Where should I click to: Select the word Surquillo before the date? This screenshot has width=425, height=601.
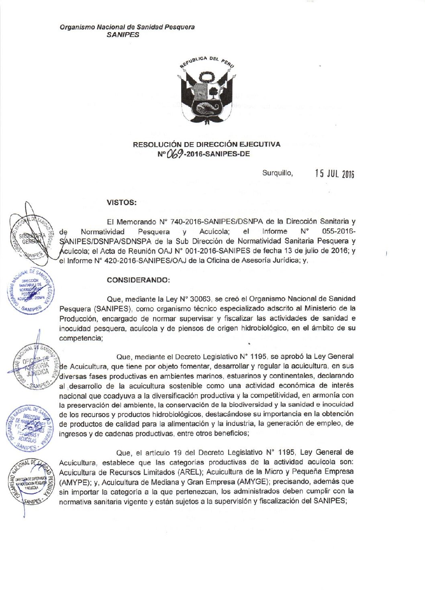tap(278, 173)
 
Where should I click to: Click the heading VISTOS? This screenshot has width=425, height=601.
tap(122, 202)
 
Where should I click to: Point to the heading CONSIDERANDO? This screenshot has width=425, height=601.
tap(139, 280)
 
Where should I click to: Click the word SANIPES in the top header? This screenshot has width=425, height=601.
tap(126, 35)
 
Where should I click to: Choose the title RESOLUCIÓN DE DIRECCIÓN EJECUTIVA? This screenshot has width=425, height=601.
tap(206, 144)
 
